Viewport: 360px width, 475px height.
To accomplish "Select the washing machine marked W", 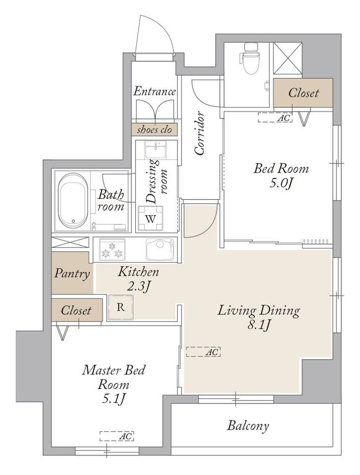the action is tap(151, 219).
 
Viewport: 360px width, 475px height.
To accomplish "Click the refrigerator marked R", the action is tap(120, 307).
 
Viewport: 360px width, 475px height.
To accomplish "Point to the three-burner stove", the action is tap(112, 249).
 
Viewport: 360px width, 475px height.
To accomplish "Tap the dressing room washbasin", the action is tap(155, 149).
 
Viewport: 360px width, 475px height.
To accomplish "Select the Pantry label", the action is tap(72, 274).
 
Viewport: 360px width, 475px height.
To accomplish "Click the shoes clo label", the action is tap(154, 130).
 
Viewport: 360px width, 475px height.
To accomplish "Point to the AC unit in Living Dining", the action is tap(203, 352).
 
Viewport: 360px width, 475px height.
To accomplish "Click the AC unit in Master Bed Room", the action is tap(117, 436).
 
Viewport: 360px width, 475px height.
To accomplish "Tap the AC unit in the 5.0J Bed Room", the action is tap(275, 117).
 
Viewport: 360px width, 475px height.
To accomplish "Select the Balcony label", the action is tap(248, 426).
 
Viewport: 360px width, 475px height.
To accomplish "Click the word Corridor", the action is tap(199, 133).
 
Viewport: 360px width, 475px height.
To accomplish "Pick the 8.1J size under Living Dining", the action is tap(259, 326).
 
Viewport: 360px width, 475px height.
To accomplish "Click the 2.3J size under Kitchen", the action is tap(138, 286).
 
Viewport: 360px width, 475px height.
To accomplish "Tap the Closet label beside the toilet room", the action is tap(303, 93).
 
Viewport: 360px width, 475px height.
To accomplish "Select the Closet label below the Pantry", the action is tap(76, 310).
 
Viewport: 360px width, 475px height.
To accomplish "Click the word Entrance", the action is tap(154, 91).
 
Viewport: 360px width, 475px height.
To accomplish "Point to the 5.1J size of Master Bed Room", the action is tap(114, 400).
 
